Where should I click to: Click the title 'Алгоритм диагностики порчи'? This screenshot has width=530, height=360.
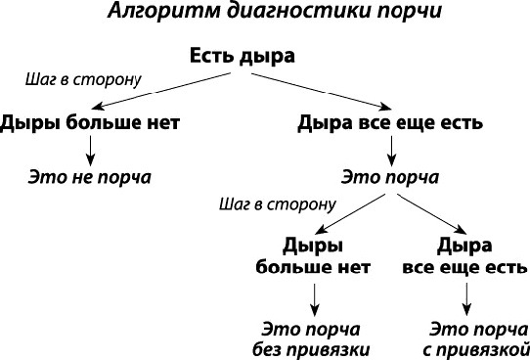(264, 15)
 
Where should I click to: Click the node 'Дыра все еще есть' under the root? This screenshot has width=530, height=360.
(390, 124)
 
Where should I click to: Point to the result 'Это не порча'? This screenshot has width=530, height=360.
(89, 178)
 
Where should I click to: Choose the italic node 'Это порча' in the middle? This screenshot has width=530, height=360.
(390, 178)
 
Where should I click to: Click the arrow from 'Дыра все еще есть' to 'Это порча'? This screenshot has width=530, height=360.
(390, 149)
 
